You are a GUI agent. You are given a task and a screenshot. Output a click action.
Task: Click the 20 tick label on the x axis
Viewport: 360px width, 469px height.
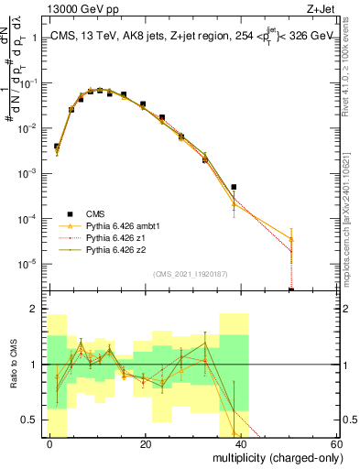(146, 444)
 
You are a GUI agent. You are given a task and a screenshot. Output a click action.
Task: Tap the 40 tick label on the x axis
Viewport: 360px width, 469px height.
(241, 444)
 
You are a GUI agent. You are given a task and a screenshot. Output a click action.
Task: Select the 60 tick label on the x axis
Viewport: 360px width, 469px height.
(335, 444)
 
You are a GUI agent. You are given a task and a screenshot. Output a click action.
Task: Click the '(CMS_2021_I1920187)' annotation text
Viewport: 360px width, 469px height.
(191, 273)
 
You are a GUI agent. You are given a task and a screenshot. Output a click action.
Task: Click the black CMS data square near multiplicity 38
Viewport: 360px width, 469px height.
(234, 187)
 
